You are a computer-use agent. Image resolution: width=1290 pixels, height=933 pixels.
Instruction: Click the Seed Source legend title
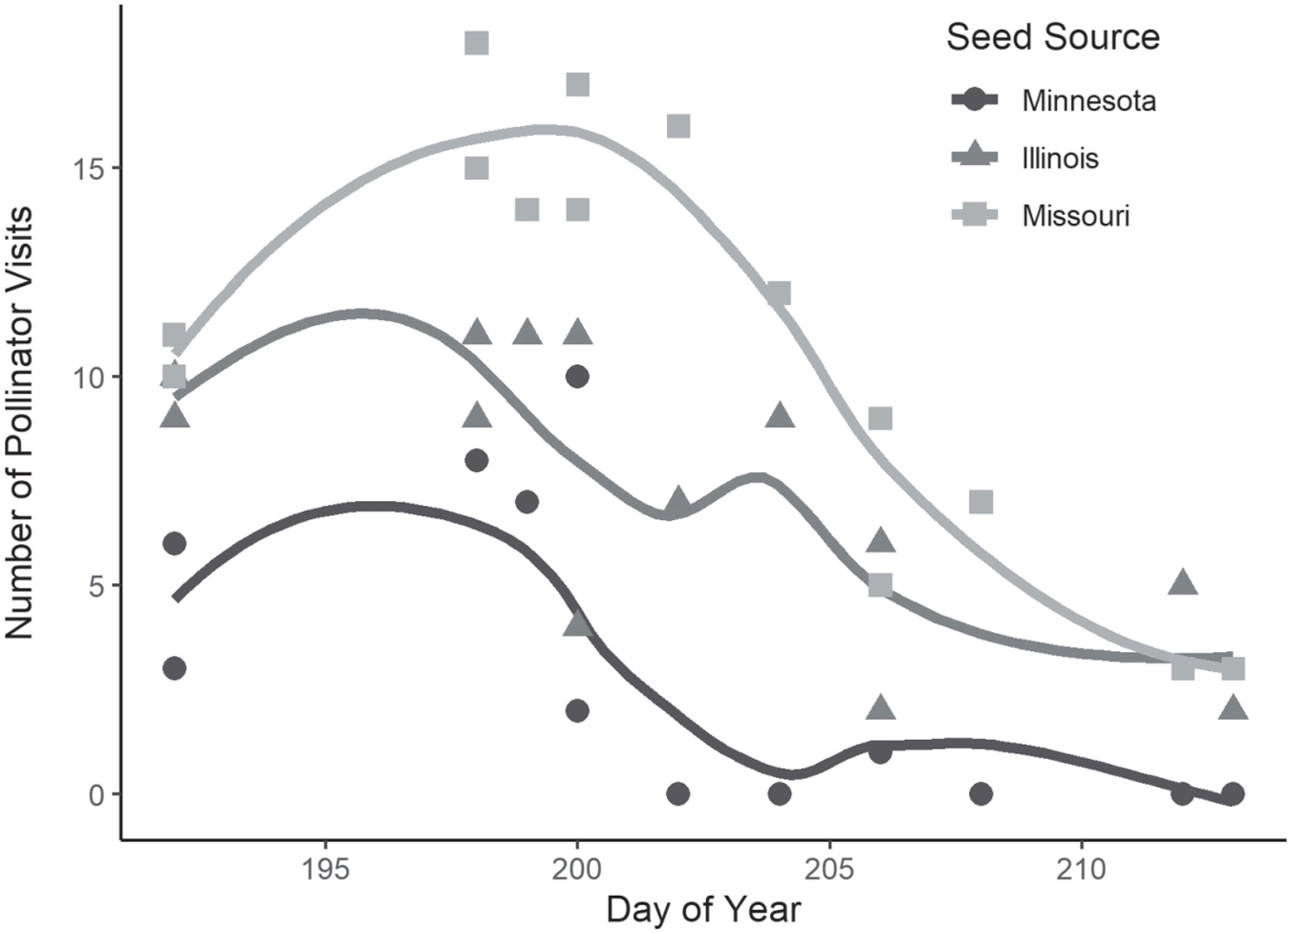[1052, 37]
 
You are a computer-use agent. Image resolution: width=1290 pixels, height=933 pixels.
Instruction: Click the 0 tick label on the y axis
[95, 794]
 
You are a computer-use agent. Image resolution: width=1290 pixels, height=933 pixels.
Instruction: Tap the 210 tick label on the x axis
[1082, 870]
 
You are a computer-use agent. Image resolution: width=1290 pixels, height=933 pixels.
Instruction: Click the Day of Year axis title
[702, 909]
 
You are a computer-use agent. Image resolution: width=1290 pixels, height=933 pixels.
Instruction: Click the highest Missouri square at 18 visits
[476, 43]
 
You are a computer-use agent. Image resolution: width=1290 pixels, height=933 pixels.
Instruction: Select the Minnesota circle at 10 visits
[576, 377]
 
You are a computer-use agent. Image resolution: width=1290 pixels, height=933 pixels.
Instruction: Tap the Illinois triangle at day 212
[1183, 582]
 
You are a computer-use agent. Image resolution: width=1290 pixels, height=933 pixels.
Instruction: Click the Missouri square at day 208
[980, 502]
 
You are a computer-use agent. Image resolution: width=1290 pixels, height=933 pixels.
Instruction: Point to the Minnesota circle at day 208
[980, 793]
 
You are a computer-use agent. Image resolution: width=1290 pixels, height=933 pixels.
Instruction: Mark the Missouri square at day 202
[678, 126]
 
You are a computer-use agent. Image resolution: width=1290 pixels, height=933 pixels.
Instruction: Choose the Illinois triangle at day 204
[780, 416]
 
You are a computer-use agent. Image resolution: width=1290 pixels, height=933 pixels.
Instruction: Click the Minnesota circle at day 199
[527, 502]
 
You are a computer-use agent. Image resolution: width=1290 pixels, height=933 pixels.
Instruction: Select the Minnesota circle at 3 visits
[174, 668]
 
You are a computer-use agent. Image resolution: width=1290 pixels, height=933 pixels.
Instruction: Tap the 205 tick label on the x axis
[829, 870]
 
